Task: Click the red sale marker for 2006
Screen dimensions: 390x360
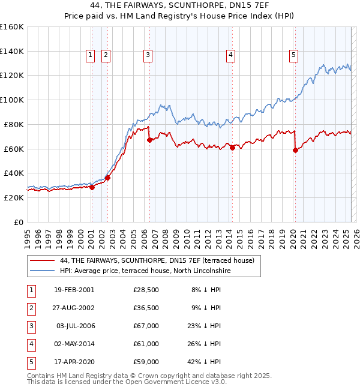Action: click(x=149, y=140)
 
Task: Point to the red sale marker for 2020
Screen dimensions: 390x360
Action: click(x=295, y=150)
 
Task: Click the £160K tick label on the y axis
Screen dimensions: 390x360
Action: click(x=12, y=27)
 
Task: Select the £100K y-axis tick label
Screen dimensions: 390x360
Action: click(x=12, y=100)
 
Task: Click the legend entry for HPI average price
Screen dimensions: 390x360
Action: click(x=145, y=271)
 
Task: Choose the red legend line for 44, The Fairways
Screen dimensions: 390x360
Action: click(x=42, y=260)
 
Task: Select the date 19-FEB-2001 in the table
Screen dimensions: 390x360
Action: click(x=74, y=290)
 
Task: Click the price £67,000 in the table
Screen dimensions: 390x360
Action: click(x=146, y=326)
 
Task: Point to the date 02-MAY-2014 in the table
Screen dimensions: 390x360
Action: click(x=74, y=344)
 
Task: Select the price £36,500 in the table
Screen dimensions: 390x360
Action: click(x=146, y=308)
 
